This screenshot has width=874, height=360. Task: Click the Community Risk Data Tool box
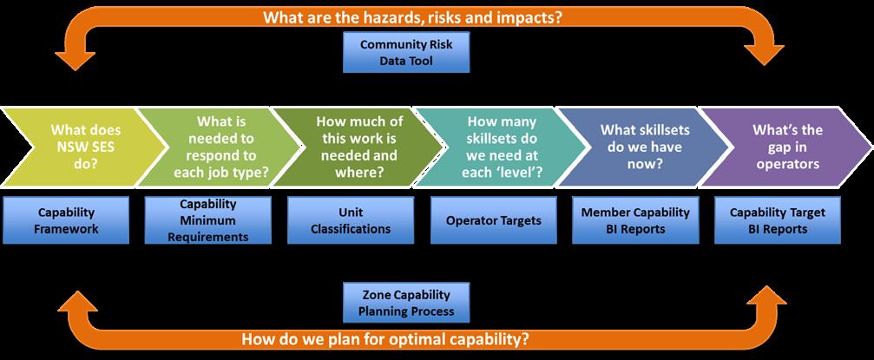(x=406, y=52)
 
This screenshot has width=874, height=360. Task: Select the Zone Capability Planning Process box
(x=406, y=303)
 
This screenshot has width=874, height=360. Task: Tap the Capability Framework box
(x=66, y=220)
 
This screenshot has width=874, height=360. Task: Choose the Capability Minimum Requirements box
(x=208, y=220)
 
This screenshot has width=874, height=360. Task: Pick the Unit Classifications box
(x=351, y=220)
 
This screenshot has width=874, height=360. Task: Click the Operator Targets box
(x=493, y=220)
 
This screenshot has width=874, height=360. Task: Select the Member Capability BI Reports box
(x=635, y=220)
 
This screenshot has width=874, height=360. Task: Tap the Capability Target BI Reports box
(x=778, y=220)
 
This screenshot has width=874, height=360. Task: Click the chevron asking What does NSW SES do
(x=83, y=147)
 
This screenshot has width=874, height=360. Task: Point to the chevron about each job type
(x=220, y=147)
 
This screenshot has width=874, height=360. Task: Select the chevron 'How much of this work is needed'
(x=359, y=147)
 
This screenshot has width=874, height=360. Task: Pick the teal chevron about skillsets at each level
(x=502, y=147)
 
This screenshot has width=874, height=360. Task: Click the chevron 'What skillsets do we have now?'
(x=644, y=147)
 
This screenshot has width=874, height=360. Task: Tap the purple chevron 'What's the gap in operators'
(x=786, y=147)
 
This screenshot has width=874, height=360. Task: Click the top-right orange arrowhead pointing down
(x=764, y=56)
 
